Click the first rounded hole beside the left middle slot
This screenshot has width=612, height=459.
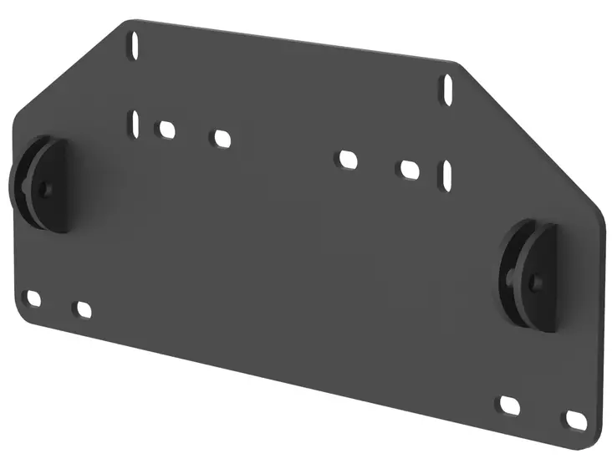(x=166, y=130)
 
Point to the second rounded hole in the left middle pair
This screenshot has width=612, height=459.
(x=221, y=138)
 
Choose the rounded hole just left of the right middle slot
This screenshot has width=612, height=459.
(x=409, y=169)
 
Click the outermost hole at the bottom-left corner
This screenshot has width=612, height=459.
(x=33, y=298)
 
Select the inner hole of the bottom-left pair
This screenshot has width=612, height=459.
(x=83, y=309)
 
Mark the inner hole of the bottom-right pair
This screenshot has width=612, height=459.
(x=510, y=405)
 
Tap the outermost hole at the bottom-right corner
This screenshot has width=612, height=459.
(x=575, y=418)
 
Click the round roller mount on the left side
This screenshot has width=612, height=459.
(x=42, y=184)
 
